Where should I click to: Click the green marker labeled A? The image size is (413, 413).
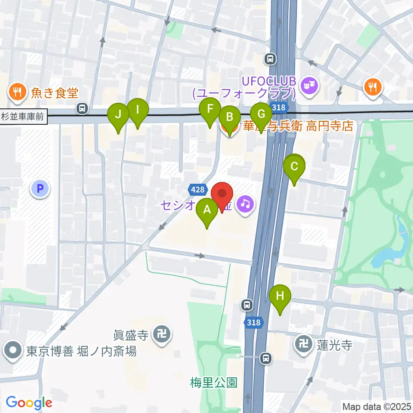(x=207, y=210)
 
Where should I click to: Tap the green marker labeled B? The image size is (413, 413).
(x=230, y=117)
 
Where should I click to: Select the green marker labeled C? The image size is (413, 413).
(x=294, y=166)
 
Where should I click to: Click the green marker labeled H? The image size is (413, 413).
(x=280, y=296)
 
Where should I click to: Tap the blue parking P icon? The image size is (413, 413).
(x=40, y=188)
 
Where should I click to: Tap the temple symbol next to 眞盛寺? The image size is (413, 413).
(x=162, y=333)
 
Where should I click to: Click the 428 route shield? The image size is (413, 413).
(x=196, y=189)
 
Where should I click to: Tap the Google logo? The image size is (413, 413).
(x=29, y=403)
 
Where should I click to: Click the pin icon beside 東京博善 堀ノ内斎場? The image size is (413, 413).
(x=13, y=351)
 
